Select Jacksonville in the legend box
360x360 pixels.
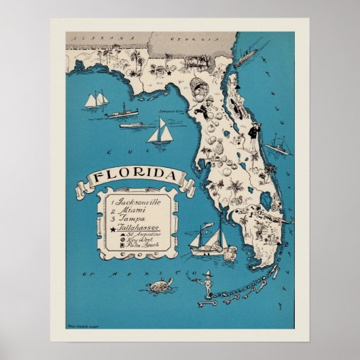(139, 202)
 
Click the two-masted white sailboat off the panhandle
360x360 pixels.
(96, 100)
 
